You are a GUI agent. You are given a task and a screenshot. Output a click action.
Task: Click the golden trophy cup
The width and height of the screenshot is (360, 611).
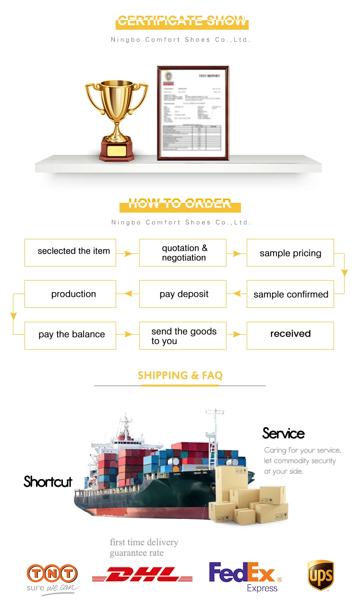pos(117,118)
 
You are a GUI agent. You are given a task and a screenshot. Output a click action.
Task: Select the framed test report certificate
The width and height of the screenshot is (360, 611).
pos(193,113)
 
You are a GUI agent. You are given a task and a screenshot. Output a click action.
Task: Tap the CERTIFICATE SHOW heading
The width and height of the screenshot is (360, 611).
pos(182,21)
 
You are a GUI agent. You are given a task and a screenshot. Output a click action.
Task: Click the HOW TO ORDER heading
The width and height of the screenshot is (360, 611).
pos(180,204)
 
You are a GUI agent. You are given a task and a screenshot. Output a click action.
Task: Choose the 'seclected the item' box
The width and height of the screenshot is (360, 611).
pos(71,252)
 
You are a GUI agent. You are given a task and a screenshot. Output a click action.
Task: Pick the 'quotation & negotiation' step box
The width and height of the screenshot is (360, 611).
pos(183,253)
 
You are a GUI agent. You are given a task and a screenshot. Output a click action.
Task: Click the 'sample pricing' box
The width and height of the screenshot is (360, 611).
pos(290,253)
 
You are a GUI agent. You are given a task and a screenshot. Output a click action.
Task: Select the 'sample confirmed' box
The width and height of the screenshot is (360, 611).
pos(290,294)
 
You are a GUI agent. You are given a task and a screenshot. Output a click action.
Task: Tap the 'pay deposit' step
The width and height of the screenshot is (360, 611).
pos(183,294)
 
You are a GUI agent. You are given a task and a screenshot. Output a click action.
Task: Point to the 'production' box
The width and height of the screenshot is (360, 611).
pos(71,294)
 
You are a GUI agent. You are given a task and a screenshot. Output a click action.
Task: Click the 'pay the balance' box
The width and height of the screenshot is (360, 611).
pos(71,335)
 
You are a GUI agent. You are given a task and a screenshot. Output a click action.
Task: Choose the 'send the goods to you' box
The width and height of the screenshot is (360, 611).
pos(183,336)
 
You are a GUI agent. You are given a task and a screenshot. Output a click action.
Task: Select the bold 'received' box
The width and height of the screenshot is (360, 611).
pos(290,335)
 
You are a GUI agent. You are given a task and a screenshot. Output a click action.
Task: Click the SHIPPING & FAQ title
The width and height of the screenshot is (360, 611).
pos(180,376)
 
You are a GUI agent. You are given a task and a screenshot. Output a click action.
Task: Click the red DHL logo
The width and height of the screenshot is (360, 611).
pos(142,574)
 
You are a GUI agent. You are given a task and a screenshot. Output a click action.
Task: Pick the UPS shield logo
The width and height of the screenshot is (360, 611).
pos(321,576)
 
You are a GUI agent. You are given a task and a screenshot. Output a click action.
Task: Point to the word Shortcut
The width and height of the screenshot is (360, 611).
pos(48,482)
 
